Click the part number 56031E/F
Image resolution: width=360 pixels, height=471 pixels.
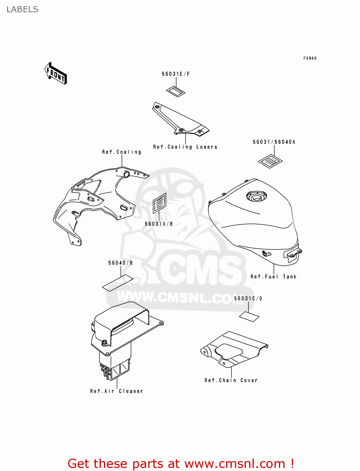pos(176,74)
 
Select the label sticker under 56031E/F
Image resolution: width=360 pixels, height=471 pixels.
pos(176,92)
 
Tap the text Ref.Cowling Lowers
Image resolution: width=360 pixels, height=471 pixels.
pos(185,147)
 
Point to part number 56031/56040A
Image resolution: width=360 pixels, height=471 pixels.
pos(274,142)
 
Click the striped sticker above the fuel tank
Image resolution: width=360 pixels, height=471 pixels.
pos(270,161)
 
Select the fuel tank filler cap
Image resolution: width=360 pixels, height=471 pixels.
pos(256,197)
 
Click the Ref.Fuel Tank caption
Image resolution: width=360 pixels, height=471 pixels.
pos(273,277)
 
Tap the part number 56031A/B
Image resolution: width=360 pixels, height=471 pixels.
pos(159,224)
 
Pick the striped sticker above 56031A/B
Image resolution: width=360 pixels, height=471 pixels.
pos(160,203)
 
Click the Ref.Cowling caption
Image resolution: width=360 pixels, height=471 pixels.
pos(122,152)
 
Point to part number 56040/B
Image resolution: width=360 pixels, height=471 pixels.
pos(120,263)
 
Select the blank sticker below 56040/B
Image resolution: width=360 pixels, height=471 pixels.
pos(118,283)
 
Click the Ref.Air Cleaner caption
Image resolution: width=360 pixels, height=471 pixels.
pos(117,391)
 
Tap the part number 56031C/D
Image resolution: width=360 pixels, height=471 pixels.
pos(248,298)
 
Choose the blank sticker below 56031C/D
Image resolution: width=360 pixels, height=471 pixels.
pos(249,317)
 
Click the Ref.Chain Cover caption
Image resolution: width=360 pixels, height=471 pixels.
pos(231,380)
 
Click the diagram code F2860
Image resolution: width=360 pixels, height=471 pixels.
pos(310,58)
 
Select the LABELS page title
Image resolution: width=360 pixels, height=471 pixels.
pos(22,9)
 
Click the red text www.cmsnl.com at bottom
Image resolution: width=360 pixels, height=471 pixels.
pos(235,464)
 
